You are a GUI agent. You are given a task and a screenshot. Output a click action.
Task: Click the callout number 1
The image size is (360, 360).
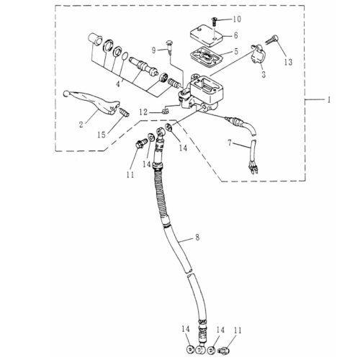[x=329, y=99]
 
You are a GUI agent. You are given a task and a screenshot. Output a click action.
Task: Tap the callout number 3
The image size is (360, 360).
[x=264, y=74]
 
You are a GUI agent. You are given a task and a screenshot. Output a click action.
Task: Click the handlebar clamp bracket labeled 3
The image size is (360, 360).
[x=257, y=54]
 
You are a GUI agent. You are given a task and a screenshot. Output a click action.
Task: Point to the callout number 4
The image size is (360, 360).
[x=118, y=84]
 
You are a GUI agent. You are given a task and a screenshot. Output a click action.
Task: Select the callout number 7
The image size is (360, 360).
[x=230, y=143]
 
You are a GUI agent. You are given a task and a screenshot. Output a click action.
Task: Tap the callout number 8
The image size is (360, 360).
[x=197, y=238]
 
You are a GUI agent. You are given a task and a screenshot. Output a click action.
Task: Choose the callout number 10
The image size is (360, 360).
[x=237, y=19]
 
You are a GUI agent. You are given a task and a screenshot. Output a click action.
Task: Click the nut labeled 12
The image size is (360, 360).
[x=164, y=111]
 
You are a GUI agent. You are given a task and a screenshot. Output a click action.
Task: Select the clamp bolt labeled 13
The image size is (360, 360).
[x=272, y=40]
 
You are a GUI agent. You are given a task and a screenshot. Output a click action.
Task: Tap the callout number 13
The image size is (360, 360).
[x=288, y=62]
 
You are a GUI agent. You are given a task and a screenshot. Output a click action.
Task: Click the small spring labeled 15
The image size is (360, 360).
[x=125, y=112]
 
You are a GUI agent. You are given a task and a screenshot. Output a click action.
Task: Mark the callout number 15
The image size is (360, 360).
[x=102, y=135]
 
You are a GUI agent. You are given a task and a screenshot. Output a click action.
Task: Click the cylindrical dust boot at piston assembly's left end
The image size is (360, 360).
[x=95, y=40]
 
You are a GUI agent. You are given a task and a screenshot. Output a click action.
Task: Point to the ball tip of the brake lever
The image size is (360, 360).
[x=66, y=94]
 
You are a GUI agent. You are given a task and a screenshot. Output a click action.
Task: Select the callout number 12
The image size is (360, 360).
[x=143, y=112]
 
